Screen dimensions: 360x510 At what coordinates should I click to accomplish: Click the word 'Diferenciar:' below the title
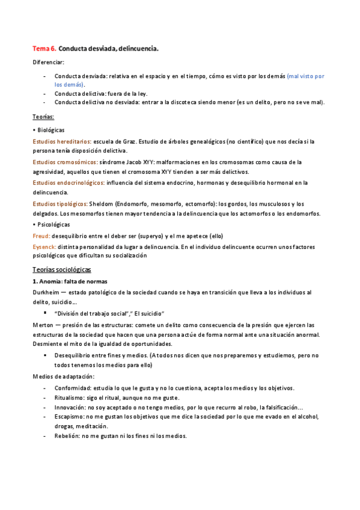tap(48, 63)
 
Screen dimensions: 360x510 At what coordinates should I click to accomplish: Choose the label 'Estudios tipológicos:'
tap(59, 204)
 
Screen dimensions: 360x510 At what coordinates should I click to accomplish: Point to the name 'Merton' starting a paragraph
tap(44, 325)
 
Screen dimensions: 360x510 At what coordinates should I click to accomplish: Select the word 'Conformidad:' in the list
tap(73, 387)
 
